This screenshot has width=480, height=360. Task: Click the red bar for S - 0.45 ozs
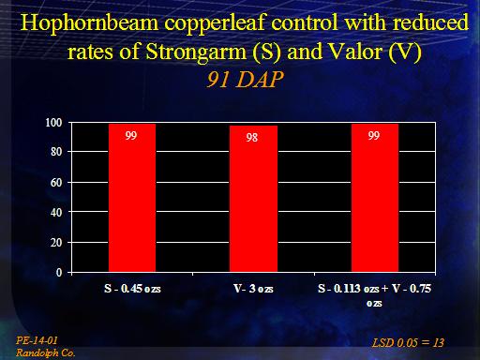(x=132, y=198)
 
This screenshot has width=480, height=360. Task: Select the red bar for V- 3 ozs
(x=253, y=199)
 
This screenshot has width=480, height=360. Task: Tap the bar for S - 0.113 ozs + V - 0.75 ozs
(x=375, y=198)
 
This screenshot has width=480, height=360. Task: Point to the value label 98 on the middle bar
(x=252, y=137)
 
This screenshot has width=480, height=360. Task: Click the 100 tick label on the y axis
(x=53, y=123)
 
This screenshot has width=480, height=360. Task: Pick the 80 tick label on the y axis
(x=56, y=152)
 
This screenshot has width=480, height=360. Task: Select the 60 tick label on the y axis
(x=56, y=182)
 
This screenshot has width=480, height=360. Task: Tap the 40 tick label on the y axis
(x=56, y=212)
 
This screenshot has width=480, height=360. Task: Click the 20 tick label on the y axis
(x=56, y=242)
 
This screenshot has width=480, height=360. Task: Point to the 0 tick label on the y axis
(x=59, y=273)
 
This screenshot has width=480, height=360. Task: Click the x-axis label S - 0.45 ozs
(x=132, y=289)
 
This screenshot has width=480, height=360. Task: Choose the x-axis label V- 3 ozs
(x=253, y=289)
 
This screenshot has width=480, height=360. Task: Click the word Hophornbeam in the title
(x=90, y=23)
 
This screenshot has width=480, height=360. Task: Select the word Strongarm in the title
(x=196, y=52)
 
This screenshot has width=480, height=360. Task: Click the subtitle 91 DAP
(x=245, y=79)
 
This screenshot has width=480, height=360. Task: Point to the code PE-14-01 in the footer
(x=37, y=340)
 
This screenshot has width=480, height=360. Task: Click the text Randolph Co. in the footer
(x=46, y=352)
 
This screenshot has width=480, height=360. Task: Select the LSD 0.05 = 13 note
(x=408, y=343)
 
